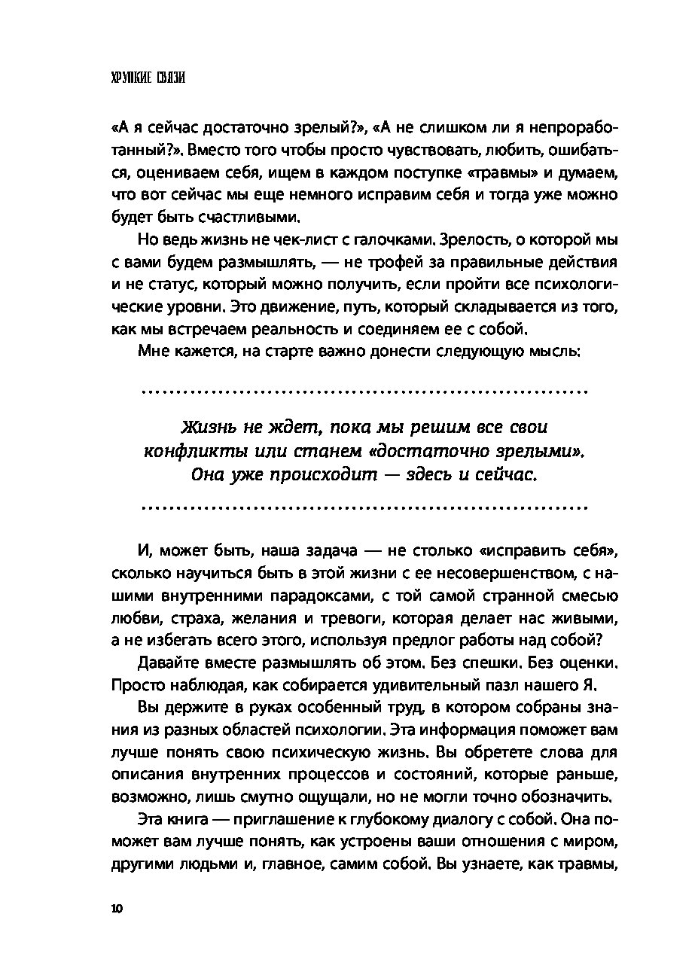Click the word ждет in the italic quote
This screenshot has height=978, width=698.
284,427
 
